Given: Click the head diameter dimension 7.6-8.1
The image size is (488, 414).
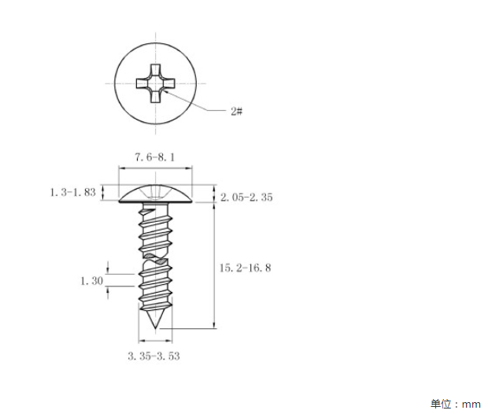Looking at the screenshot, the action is [155, 157].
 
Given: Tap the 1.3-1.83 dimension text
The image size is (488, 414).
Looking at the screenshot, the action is [73, 192].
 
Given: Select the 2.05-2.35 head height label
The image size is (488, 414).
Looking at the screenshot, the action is [246, 197].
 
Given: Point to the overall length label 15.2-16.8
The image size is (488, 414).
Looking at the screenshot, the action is [246, 268].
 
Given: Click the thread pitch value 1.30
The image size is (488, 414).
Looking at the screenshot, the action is [92, 281].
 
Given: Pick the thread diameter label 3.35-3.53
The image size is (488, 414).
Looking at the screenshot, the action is [153, 356].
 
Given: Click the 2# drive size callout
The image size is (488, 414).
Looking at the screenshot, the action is [237, 111].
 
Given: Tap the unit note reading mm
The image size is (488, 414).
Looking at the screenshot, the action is [471, 405].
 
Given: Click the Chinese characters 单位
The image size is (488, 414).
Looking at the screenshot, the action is [441, 404].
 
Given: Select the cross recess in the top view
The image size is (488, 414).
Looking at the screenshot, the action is [156, 83].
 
